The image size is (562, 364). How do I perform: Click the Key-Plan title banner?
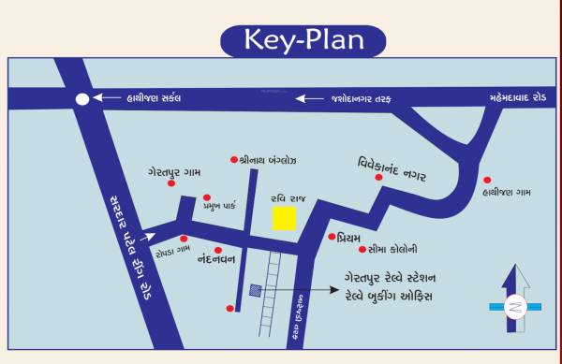pos(303,39)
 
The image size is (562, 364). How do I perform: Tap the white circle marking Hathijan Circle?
pos(82,98)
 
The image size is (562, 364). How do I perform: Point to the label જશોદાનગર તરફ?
pos(369,97)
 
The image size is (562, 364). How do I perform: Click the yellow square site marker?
pos(284,219)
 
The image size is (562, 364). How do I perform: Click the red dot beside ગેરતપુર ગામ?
pos(170,184)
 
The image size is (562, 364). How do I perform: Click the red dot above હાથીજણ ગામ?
pos(486,180)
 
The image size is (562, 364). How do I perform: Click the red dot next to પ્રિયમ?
pos(332,237)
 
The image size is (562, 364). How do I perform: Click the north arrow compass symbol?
pos(515,300)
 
